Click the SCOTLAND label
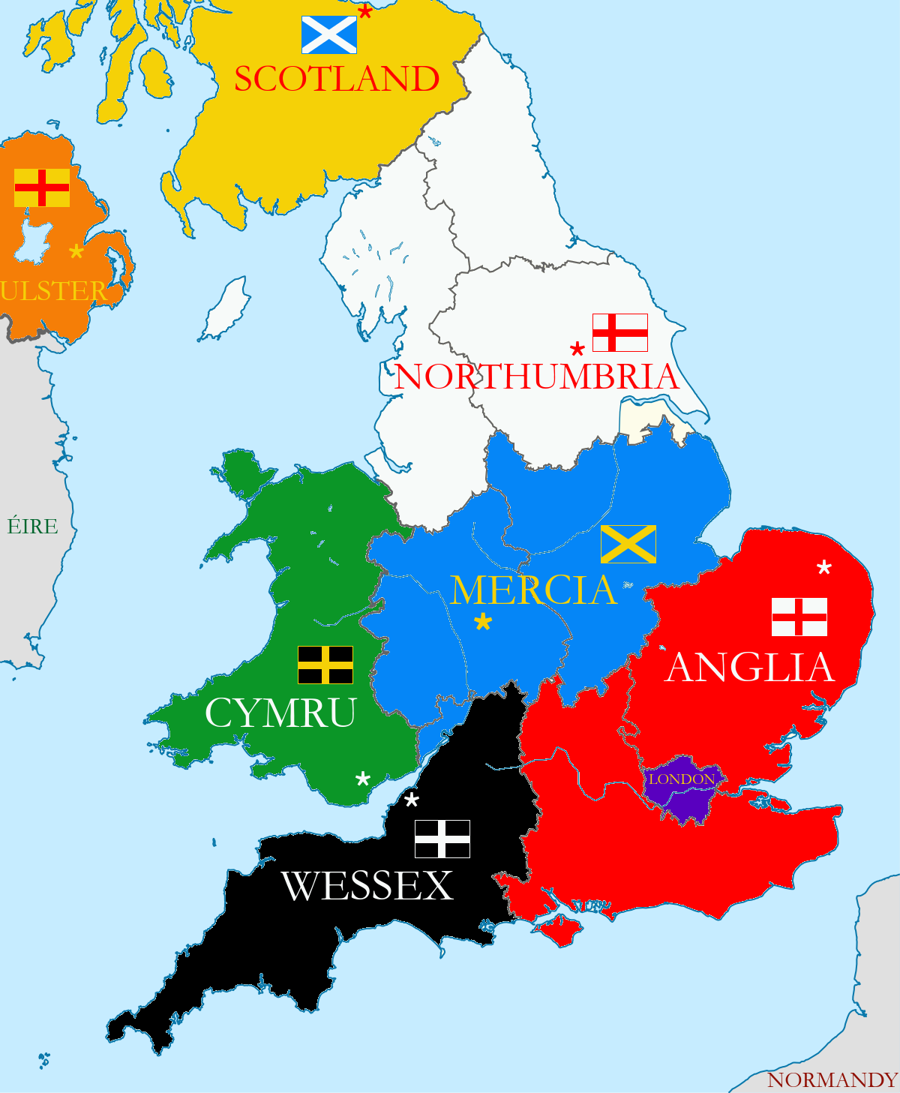(x=337, y=80)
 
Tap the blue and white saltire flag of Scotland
(x=328, y=35)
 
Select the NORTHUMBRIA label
(x=537, y=377)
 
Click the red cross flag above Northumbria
(x=620, y=332)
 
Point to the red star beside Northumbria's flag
(x=577, y=350)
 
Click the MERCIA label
(x=533, y=590)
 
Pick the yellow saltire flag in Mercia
(x=628, y=544)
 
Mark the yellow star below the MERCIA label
(x=483, y=621)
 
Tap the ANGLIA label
(x=750, y=668)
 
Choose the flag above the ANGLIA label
(x=799, y=617)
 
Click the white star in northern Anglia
(x=824, y=568)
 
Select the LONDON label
(x=682, y=779)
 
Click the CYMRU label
(x=280, y=713)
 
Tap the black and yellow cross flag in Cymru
(x=325, y=665)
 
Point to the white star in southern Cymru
(x=363, y=779)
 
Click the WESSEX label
(x=367, y=887)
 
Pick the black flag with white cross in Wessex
(x=442, y=839)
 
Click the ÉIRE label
(x=32, y=527)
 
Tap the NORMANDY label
(x=832, y=1080)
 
